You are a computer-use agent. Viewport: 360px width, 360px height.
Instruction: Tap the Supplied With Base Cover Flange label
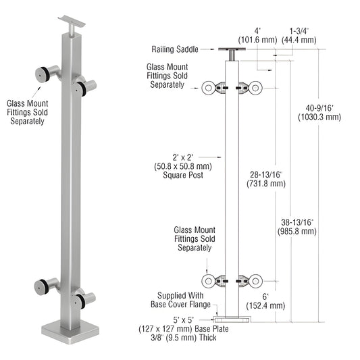tap(182, 300)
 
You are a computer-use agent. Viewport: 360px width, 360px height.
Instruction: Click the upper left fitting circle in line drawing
tap(209, 87)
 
